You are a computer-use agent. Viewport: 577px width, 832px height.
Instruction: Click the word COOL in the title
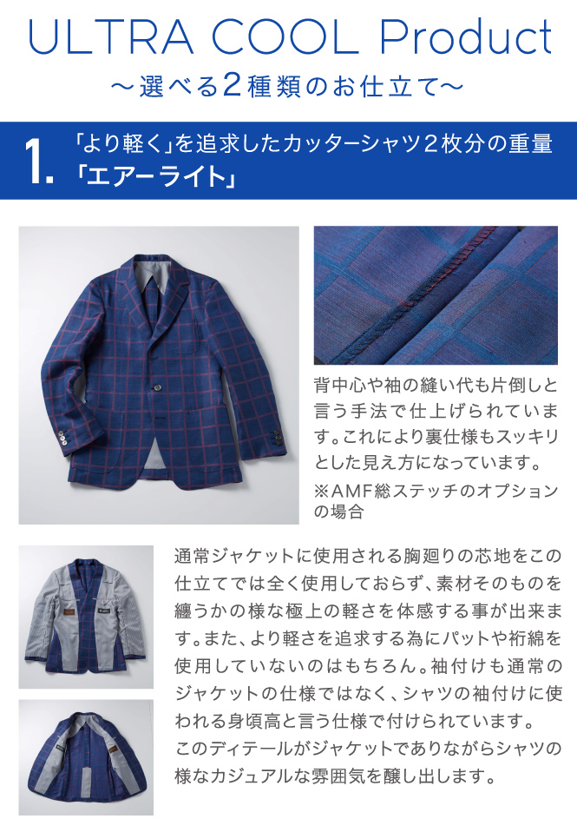(285, 37)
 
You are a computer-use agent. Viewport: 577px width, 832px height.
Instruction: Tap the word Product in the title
(466, 36)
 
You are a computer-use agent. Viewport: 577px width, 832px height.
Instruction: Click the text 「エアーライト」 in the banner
(155, 177)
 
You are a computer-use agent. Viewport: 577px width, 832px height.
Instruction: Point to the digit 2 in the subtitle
(233, 85)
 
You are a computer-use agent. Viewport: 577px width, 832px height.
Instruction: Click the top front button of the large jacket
(158, 386)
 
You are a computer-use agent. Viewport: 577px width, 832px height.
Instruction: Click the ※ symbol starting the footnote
(322, 492)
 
